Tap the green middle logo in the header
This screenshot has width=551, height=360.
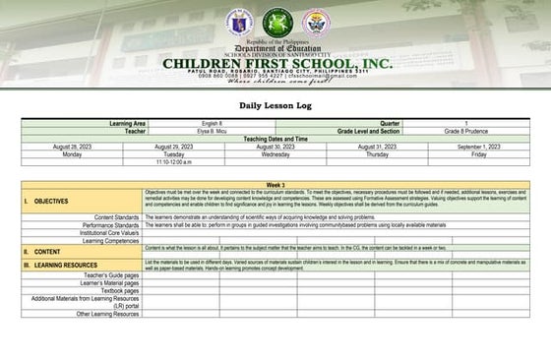(276, 22)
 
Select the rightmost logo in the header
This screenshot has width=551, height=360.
(315, 22)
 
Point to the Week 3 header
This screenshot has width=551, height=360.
(275, 185)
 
